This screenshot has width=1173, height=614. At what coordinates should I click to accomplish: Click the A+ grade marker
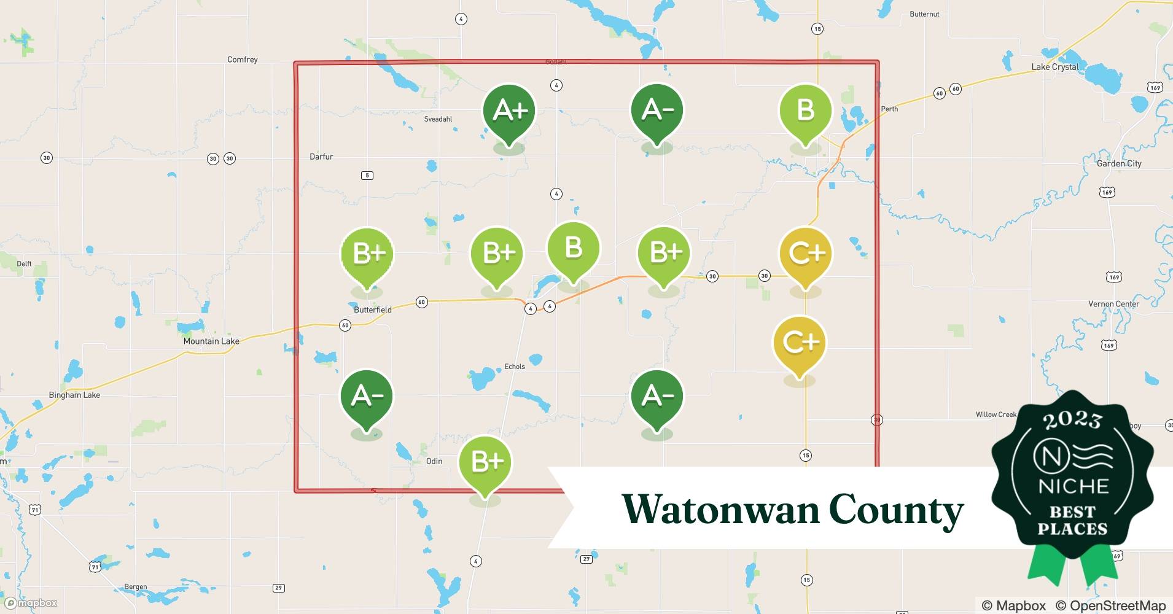coord(509,111)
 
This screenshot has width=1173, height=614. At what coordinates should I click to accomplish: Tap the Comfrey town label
coord(243,60)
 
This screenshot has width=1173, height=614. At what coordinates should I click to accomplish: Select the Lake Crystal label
coord(1054,67)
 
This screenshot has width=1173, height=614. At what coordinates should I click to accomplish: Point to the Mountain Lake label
coord(211,341)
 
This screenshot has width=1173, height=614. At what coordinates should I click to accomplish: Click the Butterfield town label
coord(373,310)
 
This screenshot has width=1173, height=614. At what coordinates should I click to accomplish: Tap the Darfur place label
coord(321,157)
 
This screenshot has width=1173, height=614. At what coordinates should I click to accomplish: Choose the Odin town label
coord(434,461)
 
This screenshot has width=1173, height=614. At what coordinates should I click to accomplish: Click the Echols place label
coord(515,367)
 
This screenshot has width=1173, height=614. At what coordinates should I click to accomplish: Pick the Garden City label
coord(1119,164)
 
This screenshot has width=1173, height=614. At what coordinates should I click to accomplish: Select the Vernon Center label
coord(1113,304)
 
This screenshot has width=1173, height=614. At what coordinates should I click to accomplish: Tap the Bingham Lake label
coord(74,395)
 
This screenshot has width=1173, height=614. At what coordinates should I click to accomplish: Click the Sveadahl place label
coord(438,119)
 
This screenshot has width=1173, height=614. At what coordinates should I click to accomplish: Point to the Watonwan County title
coord(792,510)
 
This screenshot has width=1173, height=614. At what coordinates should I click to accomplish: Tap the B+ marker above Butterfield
coord(367,254)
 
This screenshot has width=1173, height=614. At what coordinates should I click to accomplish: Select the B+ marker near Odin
coord(485,462)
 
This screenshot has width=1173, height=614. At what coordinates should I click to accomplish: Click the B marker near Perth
coord(805,111)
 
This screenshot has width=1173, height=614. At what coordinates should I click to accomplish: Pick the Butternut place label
coord(924,14)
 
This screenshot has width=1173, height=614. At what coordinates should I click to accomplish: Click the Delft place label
coord(24,264)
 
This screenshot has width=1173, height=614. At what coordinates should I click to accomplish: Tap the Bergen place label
coord(135,587)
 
